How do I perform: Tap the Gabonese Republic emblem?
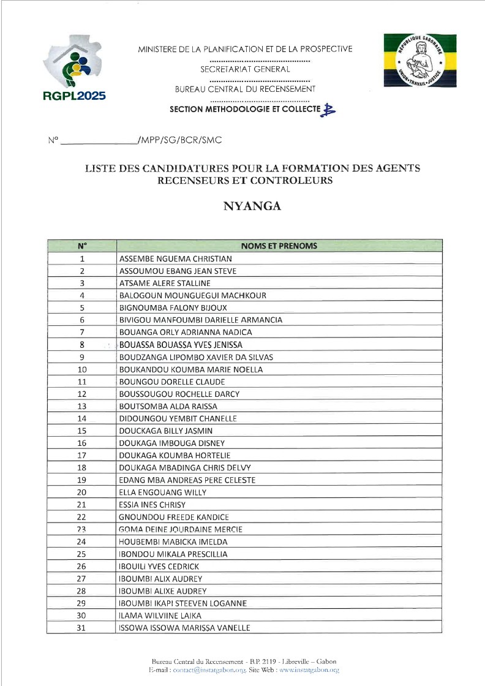412,60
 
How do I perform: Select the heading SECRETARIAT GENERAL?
245,69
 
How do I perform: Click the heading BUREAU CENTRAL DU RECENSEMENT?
245,89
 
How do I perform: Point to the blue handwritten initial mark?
329,109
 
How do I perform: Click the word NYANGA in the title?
252,206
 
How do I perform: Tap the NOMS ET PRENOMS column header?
279,246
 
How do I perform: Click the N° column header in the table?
82,246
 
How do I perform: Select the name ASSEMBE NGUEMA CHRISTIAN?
175,258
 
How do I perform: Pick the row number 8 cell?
82,345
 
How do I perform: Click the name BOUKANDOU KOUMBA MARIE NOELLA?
190,369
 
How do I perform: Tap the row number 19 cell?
82,480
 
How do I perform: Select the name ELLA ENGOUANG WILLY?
162,492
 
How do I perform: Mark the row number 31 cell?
82,628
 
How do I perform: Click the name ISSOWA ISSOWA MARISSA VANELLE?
184,628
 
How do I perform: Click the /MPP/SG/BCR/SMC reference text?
180,140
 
